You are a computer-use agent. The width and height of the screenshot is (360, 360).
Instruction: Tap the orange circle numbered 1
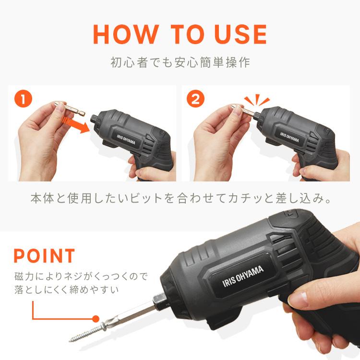pos(24,100)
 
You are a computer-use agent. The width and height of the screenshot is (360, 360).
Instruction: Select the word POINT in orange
pos(44,255)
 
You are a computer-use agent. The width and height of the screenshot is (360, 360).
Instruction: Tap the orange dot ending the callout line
pos(96,318)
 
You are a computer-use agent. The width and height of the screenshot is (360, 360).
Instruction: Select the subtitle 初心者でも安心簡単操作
pos(180,63)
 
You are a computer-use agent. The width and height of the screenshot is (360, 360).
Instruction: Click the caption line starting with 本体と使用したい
pos(180,198)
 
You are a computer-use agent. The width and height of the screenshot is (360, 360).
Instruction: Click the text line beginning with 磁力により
pos(81,276)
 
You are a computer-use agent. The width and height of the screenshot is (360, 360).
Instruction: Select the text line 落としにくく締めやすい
pos(66,290)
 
